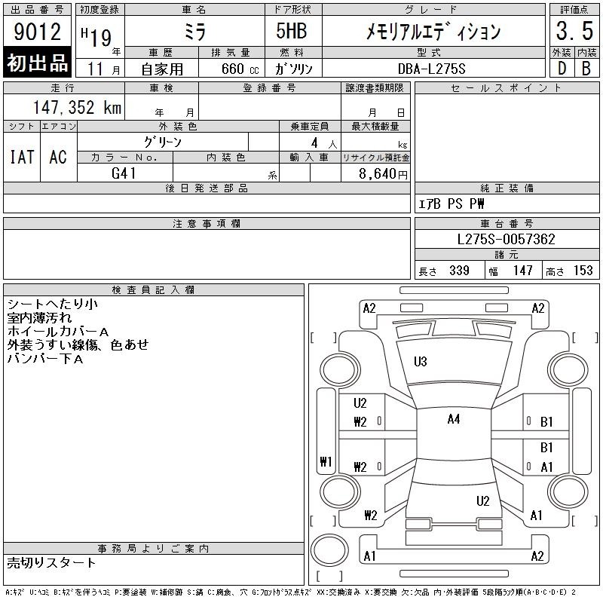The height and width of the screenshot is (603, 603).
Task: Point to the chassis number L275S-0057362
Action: pyautogui.click(x=507, y=240)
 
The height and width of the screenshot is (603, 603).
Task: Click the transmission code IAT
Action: pyautogui.click(x=21, y=157)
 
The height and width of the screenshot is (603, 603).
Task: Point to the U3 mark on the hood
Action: pyautogui.click(x=421, y=362)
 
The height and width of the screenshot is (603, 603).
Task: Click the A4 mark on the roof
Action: pyautogui.click(x=453, y=420)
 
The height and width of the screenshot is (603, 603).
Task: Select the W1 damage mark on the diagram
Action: pyautogui.click(x=326, y=462)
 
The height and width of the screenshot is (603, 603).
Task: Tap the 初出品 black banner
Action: pyautogui.click(x=38, y=63)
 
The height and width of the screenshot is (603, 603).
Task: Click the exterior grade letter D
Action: pyautogui.click(x=562, y=69)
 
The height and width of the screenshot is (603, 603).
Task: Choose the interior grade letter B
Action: pyautogui.click(x=586, y=69)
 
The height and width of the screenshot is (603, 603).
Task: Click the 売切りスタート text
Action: pyautogui.click(x=51, y=562)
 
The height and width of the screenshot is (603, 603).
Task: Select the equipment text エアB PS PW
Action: pyautogui.click(x=452, y=204)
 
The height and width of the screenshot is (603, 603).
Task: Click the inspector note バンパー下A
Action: pyautogui.click(x=45, y=358)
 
